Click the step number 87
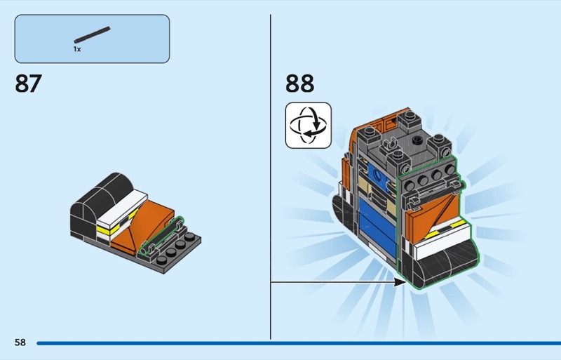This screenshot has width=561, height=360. pos(28,83)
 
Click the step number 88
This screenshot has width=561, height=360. pos(300,83)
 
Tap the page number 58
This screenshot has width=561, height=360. pos(20,342)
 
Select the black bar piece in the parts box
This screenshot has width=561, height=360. pos(93,35)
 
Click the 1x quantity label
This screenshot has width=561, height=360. pos(77,49)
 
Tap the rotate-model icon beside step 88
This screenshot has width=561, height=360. pos(309,126)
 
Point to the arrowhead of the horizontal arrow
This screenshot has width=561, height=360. pos(400,282)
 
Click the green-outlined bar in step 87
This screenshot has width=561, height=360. pos(161,235)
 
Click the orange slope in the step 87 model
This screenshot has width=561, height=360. pos(143,224)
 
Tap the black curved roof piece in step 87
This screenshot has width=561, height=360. pos(102,194)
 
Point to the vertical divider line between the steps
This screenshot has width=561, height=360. pos(271,177)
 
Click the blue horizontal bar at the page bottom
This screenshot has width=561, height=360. pos(299,343)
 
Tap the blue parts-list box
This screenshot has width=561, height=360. pos(92,39)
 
